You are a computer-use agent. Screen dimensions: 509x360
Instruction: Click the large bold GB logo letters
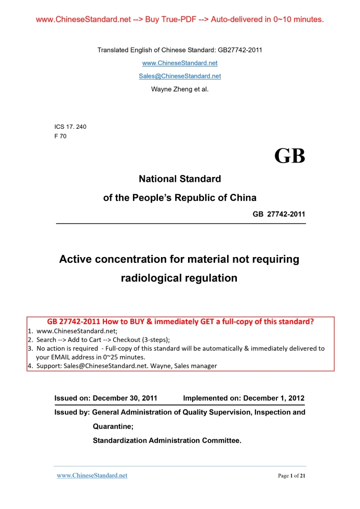[290, 156]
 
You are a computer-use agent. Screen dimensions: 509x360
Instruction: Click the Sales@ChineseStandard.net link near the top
[180, 76]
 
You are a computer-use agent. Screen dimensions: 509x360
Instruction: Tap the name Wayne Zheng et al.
[180, 89]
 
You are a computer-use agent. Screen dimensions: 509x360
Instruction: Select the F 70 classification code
[60, 136]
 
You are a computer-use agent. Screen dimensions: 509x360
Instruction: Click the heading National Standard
[180, 179]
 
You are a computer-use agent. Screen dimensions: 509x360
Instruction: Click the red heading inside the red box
[180, 321]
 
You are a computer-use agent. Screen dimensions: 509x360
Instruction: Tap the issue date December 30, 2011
[125, 399]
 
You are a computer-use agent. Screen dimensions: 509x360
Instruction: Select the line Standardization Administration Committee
[167, 440]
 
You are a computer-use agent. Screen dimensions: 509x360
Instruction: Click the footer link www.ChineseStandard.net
[92, 476]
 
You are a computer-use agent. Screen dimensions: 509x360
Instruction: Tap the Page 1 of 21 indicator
[291, 476]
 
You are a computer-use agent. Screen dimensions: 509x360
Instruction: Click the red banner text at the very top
[180, 20]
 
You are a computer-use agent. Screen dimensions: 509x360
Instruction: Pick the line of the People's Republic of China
[180, 198]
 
